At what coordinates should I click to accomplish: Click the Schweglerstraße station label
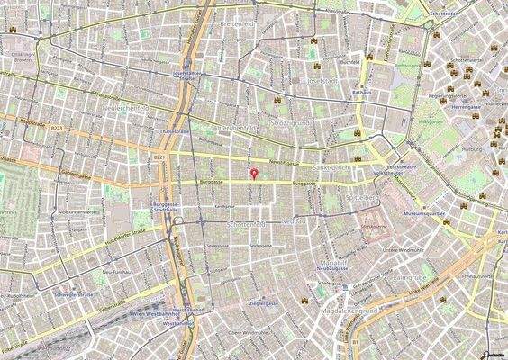[74, 294]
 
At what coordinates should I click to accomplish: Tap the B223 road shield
[58, 129]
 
